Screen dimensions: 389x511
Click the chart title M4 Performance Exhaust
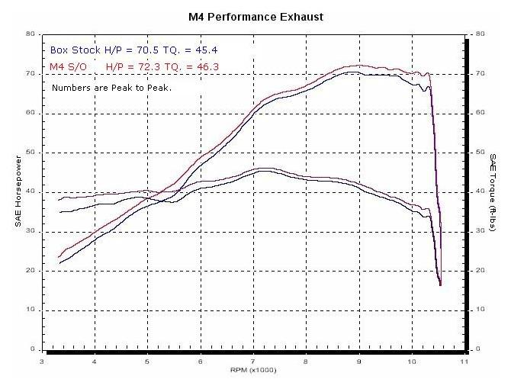[x=256, y=16]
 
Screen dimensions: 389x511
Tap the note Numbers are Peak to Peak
[x=111, y=88]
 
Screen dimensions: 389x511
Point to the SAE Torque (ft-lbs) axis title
[x=493, y=191]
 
